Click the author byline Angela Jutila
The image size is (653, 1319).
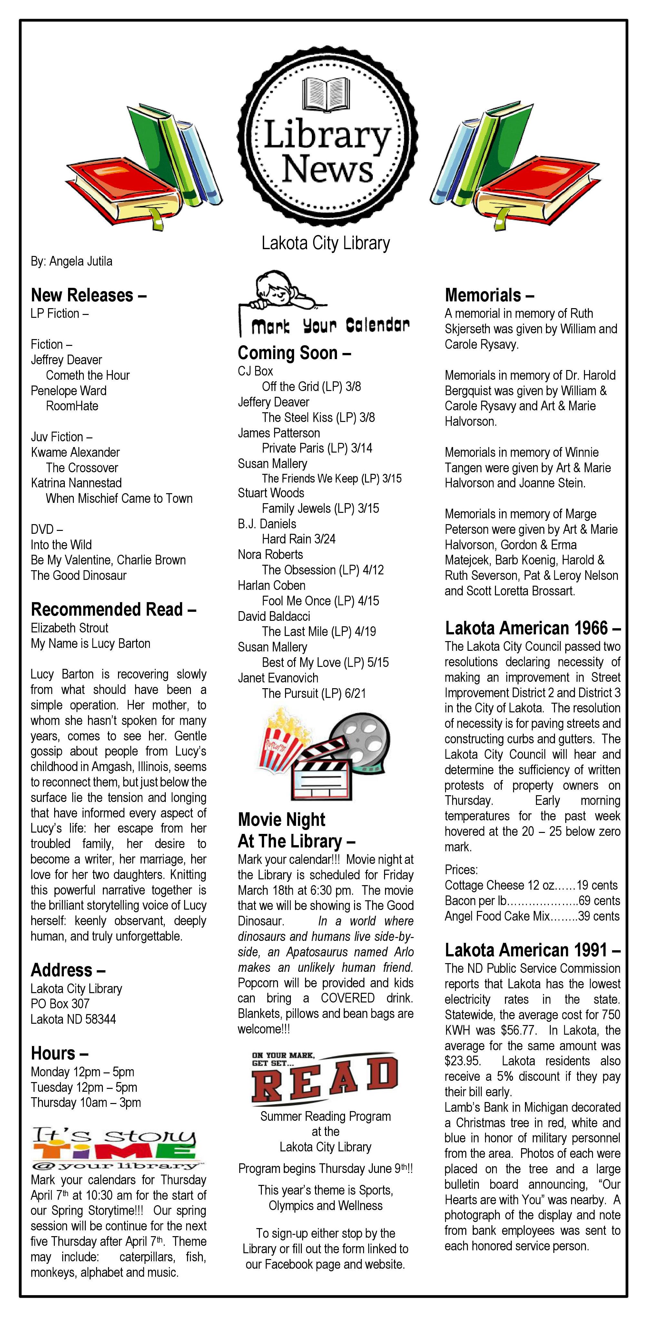click(71, 261)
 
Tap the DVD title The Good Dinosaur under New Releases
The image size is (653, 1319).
click(78, 575)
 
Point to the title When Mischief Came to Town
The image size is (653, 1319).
click(119, 499)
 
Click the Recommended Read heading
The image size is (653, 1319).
click(113, 609)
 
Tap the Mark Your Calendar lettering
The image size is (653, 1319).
click(330, 325)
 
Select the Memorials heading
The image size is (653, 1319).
click(489, 296)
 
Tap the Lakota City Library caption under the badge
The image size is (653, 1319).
click(326, 243)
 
